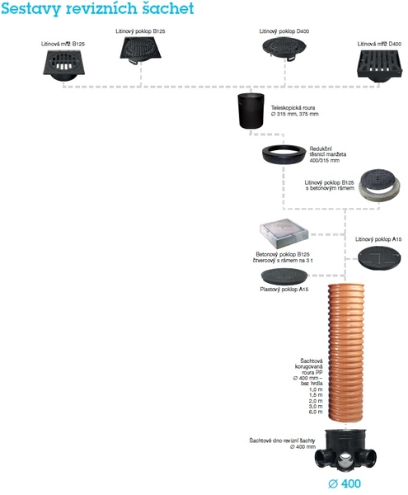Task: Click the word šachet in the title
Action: (x=168, y=8)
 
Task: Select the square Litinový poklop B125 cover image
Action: (x=141, y=50)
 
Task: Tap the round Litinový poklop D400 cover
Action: (x=284, y=48)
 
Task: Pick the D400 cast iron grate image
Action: (x=378, y=65)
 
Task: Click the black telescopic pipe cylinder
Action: (x=251, y=111)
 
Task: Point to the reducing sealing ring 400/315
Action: (x=284, y=154)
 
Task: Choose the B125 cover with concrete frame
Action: (x=380, y=185)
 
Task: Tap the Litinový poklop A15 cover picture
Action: (x=379, y=258)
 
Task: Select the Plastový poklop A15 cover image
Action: (x=284, y=276)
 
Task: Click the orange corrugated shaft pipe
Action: (x=346, y=352)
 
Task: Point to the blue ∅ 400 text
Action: (x=345, y=483)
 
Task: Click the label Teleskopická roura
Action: (x=293, y=107)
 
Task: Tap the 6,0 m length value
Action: (x=316, y=412)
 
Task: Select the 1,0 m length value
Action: (x=316, y=389)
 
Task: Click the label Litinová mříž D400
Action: (x=379, y=44)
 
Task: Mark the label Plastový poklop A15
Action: (x=284, y=290)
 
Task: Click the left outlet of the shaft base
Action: (x=323, y=458)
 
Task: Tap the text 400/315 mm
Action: (x=325, y=160)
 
